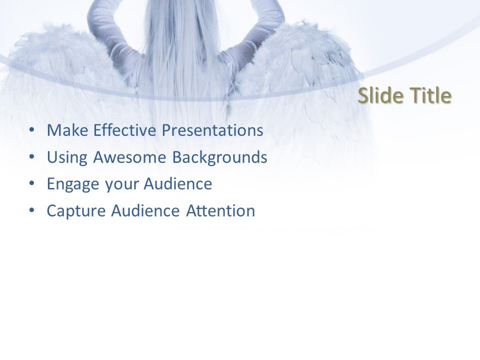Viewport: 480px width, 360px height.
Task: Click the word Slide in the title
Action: point(379,96)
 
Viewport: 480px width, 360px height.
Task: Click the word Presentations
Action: point(212,131)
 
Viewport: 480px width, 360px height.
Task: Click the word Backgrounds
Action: point(220,158)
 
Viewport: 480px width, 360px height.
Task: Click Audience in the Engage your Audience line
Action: point(178,184)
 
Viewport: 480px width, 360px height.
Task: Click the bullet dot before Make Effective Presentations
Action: point(32,130)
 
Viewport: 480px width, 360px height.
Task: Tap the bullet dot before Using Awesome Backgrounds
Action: point(32,157)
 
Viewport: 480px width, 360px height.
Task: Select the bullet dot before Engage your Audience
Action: point(32,184)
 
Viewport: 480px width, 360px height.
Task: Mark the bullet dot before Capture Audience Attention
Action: point(32,210)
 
